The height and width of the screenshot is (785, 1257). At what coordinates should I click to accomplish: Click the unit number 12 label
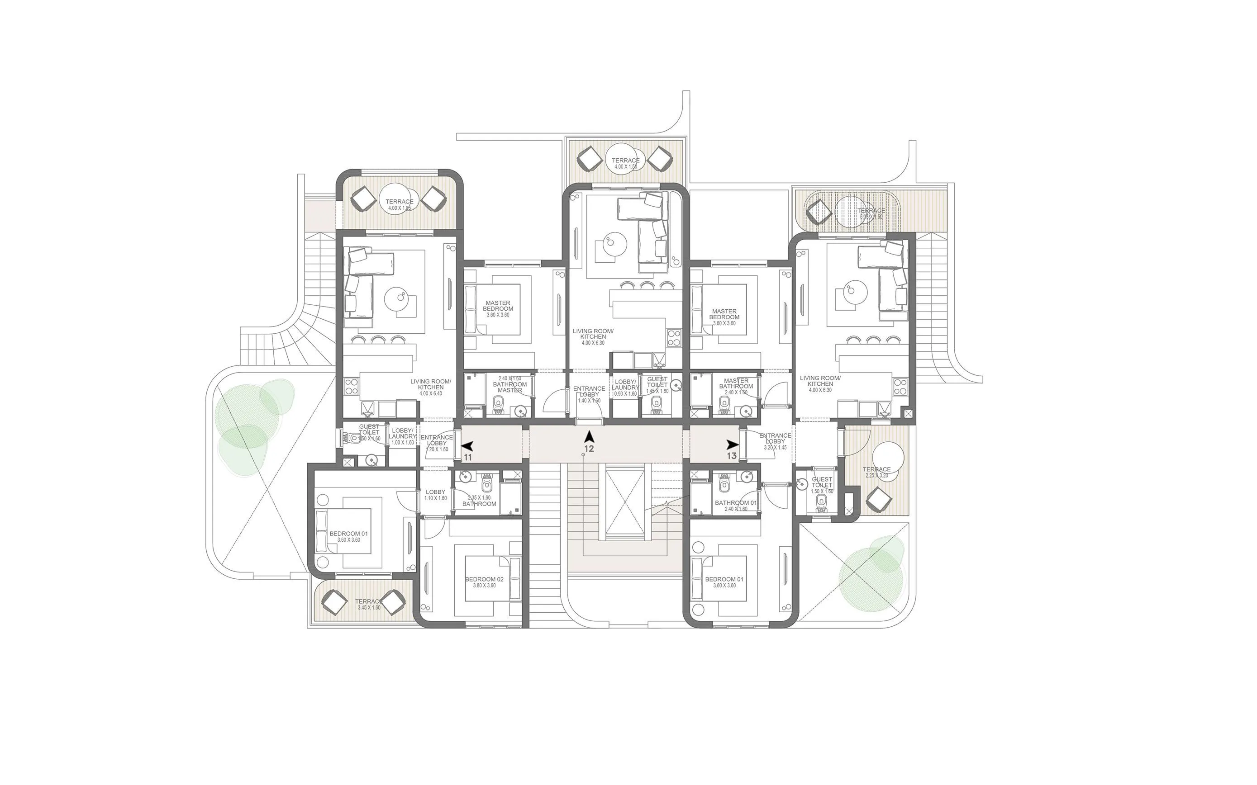point(589,449)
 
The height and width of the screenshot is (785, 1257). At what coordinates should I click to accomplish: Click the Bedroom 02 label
point(484,582)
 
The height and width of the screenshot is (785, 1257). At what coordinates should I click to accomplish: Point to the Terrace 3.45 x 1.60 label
point(369,604)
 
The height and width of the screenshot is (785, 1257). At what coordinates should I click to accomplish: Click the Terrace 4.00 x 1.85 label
point(400,204)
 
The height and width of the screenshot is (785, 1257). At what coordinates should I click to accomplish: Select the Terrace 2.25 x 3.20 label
point(877,472)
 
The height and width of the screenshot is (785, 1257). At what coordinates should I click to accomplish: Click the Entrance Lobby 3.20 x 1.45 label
point(775,441)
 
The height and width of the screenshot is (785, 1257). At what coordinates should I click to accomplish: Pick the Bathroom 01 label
point(735,505)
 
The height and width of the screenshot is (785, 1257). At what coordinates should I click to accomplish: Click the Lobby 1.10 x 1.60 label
point(435,495)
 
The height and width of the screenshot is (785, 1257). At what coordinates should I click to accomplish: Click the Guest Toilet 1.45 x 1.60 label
point(657,385)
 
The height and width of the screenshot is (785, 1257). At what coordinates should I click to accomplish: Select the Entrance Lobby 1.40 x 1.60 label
point(589,394)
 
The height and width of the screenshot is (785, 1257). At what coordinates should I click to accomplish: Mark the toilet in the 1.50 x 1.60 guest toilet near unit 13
point(821,501)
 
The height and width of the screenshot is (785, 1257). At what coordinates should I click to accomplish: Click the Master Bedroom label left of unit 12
point(498,308)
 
